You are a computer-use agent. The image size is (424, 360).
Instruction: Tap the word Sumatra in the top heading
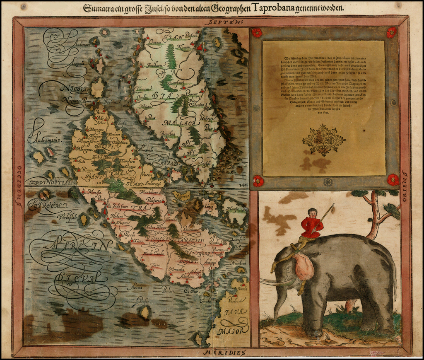pyautogui.click(x=99, y=7)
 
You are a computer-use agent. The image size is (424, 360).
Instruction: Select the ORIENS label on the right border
pyautogui.click(x=405, y=185)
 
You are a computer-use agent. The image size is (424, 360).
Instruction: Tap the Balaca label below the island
pyautogui.click(x=169, y=289)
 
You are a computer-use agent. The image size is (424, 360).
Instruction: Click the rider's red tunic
pyautogui.click(x=312, y=227)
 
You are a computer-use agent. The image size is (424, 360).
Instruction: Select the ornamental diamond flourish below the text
pyautogui.click(x=324, y=140)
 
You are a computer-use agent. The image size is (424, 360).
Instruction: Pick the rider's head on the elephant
pyautogui.click(x=313, y=213)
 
